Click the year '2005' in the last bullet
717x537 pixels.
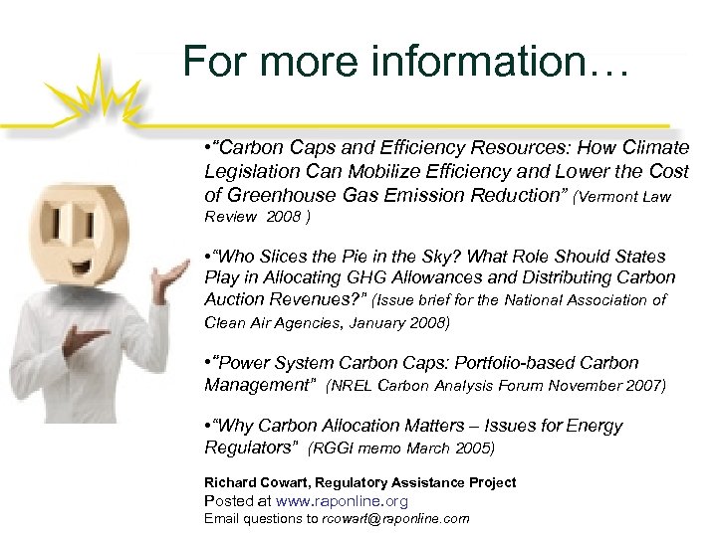tap(474, 448)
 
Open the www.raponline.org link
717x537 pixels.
tap(342, 501)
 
